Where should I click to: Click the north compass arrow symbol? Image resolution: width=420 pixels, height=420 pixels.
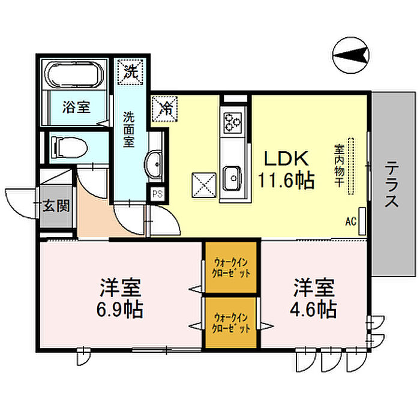[350, 55]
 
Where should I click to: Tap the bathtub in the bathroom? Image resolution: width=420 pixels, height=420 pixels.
[74, 75]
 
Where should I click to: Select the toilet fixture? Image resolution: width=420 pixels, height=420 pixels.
[70, 147]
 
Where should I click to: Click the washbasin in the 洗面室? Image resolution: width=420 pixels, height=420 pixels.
[153, 164]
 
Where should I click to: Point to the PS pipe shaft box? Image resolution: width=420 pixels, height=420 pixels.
[157, 194]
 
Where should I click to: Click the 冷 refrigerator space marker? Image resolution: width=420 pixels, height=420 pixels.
[164, 109]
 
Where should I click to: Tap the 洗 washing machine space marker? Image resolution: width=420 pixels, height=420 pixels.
[130, 72]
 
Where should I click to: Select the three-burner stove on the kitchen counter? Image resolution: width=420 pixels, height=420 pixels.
[233, 122]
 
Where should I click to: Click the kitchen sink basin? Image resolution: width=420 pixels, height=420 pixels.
[233, 178]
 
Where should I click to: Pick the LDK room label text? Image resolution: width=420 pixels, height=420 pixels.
[286, 159]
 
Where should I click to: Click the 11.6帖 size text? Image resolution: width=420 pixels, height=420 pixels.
[286, 181]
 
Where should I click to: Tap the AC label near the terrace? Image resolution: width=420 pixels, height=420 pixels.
[351, 221]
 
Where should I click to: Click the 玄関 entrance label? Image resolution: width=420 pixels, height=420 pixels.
[56, 205]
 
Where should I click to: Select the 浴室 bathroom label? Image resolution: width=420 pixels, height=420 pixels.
[76, 107]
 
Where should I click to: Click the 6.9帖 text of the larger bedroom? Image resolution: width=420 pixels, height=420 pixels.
[119, 310]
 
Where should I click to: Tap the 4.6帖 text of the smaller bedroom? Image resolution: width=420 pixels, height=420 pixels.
[314, 309]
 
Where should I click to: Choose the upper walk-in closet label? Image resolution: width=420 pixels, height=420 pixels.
[231, 268]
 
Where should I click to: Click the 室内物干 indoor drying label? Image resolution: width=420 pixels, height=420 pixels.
[339, 166]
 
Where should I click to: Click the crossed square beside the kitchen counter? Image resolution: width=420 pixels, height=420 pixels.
[204, 185]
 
